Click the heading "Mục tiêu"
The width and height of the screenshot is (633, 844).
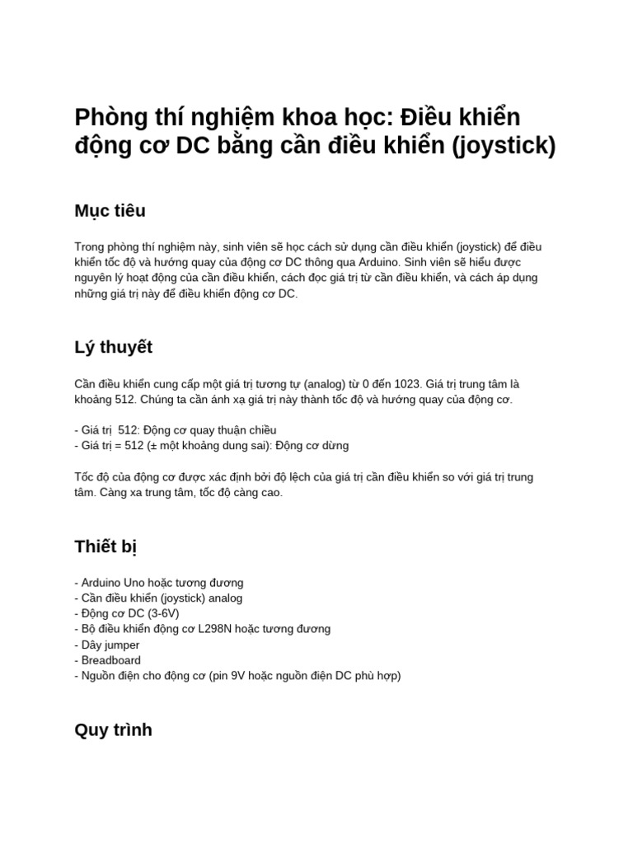[110, 211]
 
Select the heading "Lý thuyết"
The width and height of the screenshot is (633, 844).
[114, 347]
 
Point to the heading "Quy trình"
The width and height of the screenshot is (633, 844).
[113, 730]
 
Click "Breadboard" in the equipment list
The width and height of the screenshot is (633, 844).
[111, 660]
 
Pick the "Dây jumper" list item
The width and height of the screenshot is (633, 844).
[110, 645]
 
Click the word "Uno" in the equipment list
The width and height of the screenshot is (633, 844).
[134, 582]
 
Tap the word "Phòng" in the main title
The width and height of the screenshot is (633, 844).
[111, 116]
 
